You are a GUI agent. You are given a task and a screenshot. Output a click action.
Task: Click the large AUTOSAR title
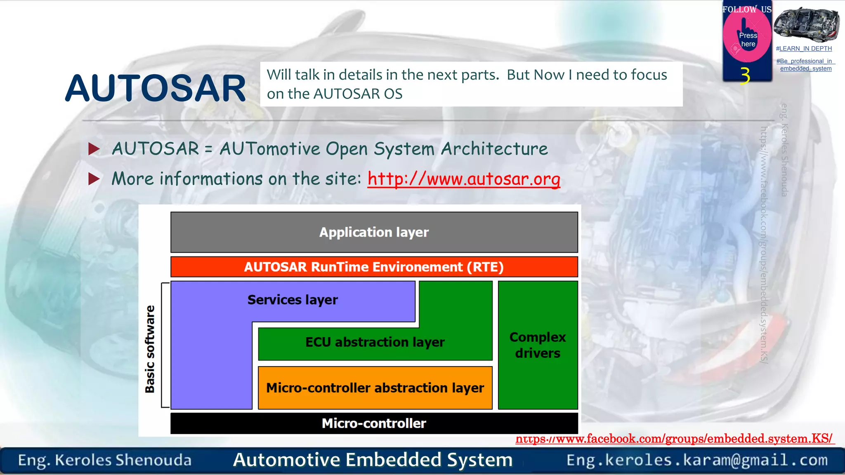pyautogui.click(x=156, y=88)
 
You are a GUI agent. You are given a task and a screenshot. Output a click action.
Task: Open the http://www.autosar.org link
pyautogui.click(x=464, y=179)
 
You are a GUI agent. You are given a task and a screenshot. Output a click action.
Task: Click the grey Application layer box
pyautogui.click(x=374, y=232)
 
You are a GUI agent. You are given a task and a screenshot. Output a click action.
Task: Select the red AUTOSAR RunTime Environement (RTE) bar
pyautogui.click(x=374, y=267)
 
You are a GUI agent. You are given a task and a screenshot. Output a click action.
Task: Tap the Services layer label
pyautogui.click(x=293, y=300)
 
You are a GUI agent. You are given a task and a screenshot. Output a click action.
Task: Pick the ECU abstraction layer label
pyautogui.click(x=375, y=342)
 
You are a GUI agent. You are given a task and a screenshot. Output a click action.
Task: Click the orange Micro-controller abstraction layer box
pyautogui.click(x=375, y=388)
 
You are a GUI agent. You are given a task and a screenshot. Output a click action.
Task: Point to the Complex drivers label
pyautogui.click(x=538, y=345)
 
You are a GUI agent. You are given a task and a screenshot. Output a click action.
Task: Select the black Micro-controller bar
pyautogui.click(x=374, y=423)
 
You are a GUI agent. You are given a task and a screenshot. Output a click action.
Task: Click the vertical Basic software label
pyautogui.click(x=150, y=349)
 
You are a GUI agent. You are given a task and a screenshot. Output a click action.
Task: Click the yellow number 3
pyautogui.click(x=745, y=75)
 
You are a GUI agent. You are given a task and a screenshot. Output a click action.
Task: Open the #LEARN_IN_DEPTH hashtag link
pyautogui.click(x=804, y=49)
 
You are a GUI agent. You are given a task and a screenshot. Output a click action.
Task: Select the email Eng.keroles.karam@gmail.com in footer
pyautogui.click(x=697, y=460)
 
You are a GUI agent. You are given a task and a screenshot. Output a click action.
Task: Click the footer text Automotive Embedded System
pyautogui.click(x=373, y=460)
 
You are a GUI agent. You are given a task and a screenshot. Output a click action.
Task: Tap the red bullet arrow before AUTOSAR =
pyautogui.click(x=94, y=149)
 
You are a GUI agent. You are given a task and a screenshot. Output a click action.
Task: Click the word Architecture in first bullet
pyautogui.click(x=494, y=149)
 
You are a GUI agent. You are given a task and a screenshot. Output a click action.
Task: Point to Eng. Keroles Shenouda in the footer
pyautogui.click(x=105, y=460)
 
